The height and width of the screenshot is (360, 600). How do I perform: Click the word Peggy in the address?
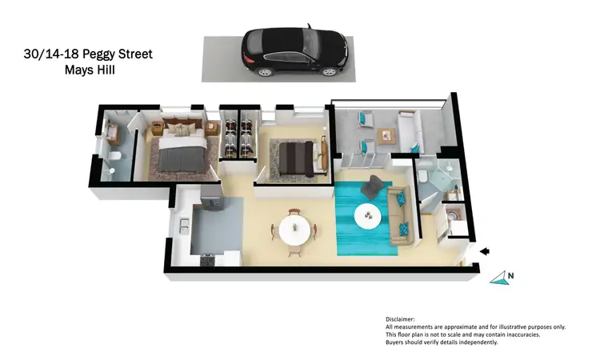tap(101, 54)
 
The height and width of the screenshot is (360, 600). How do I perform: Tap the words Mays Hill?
tap(94, 70)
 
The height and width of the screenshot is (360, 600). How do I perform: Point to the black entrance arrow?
tap(483, 252)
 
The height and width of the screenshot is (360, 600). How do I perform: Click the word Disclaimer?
tap(401, 318)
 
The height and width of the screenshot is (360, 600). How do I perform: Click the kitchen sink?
tap(183, 228)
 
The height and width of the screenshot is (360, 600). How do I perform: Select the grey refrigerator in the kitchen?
tap(210, 193)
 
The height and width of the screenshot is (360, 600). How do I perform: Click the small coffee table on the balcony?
tap(386, 135)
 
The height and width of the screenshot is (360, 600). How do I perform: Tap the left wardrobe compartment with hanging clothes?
tap(231, 138)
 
